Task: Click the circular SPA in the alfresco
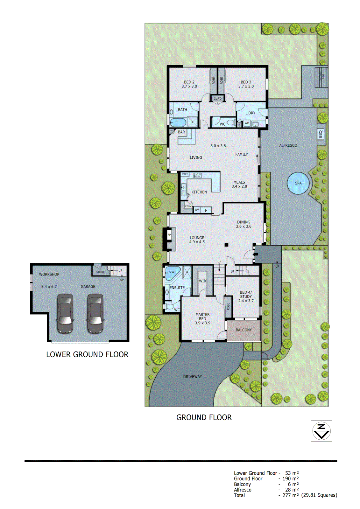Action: pos(298,183)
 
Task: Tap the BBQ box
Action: pos(321,134)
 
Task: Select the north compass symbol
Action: pos(321,431)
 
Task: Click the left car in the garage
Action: pos(65,313)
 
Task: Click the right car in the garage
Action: pos(95,313)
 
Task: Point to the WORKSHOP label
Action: pos(49,274)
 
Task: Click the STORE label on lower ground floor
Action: pos(100,272)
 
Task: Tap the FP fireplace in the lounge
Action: pos(169,235)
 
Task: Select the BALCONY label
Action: pos(244,330)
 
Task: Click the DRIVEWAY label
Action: pos(192,377)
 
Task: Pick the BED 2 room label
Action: pos(189,82)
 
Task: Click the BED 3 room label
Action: pos(246,82)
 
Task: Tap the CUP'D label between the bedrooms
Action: pos(217,99)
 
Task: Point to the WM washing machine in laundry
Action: pos(247,123)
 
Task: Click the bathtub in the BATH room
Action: pos(178,122)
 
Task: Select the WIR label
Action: pos(202,281)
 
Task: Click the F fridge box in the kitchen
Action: pos(206,210)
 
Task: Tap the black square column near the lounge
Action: pos(226,245)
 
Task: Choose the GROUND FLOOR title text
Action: pos(204,417)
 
